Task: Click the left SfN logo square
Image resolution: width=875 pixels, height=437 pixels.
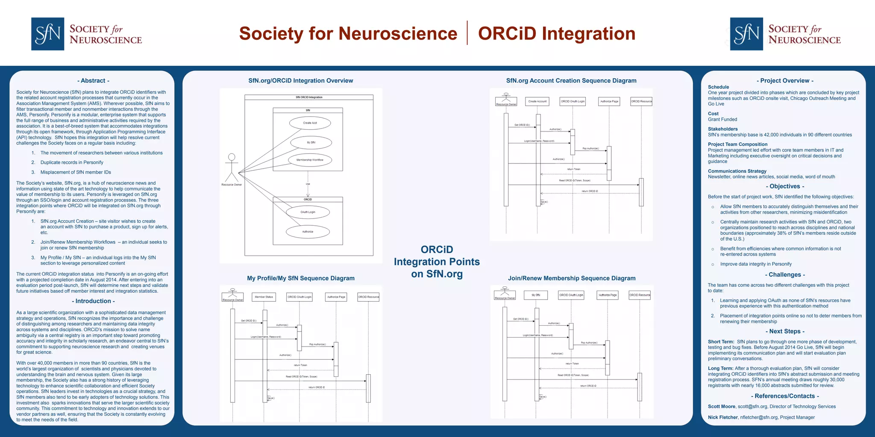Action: click(47, 34)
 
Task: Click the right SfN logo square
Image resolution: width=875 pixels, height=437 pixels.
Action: click(746, 34)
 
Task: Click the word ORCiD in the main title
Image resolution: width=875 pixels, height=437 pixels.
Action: click(507, 34)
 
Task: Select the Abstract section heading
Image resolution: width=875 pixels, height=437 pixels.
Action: click(93, 81)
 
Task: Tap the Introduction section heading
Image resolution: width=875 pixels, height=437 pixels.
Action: click(93, 301)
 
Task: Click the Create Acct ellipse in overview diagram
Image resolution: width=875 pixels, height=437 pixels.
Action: click(310, 123)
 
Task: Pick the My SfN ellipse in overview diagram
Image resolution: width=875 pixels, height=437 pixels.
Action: click(311, 143)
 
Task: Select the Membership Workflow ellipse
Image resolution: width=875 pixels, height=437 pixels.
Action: click(310, 160)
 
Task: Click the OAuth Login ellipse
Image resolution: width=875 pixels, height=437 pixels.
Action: click(308, 212)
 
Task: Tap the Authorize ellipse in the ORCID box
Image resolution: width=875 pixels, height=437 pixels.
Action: click(308, 232)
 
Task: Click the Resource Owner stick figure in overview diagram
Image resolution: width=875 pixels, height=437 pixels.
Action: click(232, 168)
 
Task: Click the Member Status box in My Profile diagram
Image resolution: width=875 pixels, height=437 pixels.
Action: click(264, 297)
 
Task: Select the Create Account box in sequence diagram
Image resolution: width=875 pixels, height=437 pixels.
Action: click(537, 102)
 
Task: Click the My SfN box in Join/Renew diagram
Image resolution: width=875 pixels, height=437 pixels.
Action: click(536, 295)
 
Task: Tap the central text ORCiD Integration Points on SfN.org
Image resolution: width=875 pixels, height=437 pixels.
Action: click(437, 262)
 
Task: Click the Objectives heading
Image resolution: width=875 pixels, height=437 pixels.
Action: click(784, 186)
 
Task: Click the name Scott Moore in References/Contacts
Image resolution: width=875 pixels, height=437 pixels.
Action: click(721, 407)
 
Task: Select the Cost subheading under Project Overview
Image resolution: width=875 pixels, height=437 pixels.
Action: click(713, 114)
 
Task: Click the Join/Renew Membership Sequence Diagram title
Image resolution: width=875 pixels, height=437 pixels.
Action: click(571, 278)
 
